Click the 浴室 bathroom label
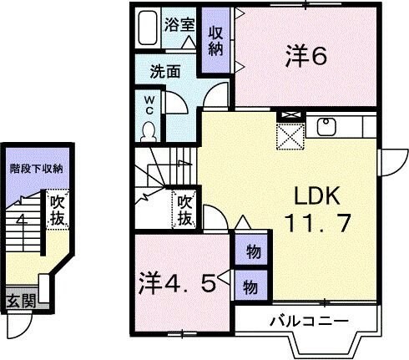[178, 25]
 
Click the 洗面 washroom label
[165, 71]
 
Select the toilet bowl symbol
[149, 130]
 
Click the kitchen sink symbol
[326, 127]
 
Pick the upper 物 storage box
[250, 251]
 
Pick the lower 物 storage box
[250, 284]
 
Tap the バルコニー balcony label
[308, 320]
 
